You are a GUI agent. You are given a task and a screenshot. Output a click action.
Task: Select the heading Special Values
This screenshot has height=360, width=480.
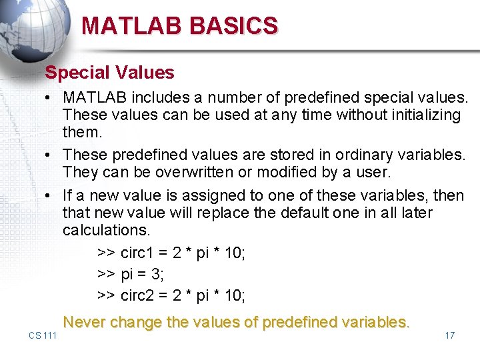(109, 72)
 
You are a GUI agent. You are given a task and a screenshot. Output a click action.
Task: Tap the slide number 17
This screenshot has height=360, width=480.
(449, 335)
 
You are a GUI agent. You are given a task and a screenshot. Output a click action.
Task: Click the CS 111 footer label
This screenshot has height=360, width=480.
(43, 335)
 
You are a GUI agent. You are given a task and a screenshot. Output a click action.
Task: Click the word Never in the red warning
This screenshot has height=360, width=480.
(84, 322)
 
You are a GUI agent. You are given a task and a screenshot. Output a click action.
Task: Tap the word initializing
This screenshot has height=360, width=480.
(421, 115)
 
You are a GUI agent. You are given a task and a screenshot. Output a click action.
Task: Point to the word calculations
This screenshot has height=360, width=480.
(107, 230)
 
